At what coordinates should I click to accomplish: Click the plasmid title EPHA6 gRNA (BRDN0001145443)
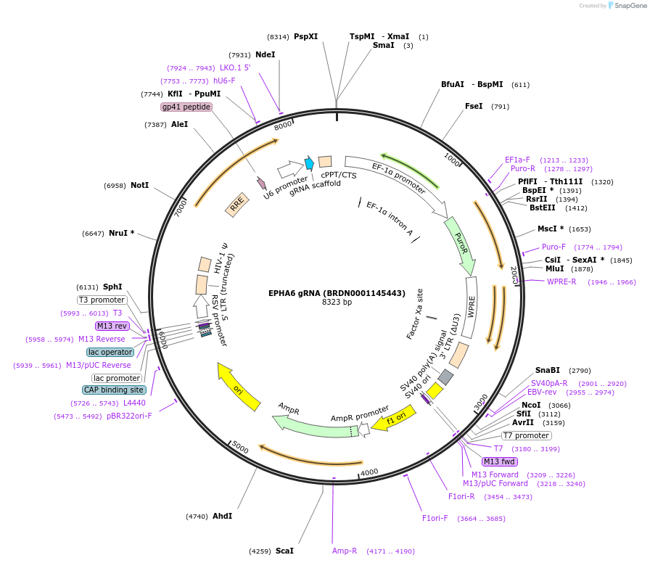pos(337,293)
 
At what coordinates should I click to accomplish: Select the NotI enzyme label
pos(139,186)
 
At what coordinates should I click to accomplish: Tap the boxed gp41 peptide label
pos(186,107)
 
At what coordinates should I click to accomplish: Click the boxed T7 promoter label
pos(526,436)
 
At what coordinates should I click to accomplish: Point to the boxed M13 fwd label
pos(500,461)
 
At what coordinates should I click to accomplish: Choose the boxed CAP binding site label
pos(114,390)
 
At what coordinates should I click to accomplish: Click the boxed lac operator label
pos(110,352)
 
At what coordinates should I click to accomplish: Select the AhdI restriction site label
pos(222,516)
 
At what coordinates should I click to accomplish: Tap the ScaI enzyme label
pos(284,551)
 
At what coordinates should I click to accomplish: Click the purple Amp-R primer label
pos(345,551)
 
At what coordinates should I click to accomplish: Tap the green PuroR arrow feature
pos(460,244)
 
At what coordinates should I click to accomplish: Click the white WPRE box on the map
pos(471,308)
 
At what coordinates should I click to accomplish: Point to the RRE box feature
pos(236,207)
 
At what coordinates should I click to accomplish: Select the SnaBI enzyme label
pos(548,370)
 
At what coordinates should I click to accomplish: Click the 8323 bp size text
pos(337,302)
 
